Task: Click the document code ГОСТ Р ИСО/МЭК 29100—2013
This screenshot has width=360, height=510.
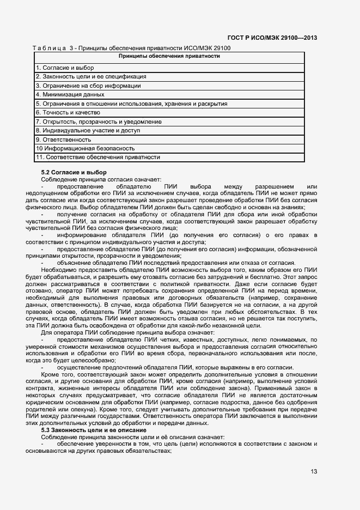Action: pyautogui.click(x=272, y=38)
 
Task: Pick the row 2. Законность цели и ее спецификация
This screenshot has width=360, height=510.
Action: pyautogui.click(x=90, y=77)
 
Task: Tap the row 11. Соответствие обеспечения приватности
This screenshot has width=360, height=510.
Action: pyautogui.click(x=98, y=157)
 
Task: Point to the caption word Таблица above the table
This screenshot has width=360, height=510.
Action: pyautogui.click(x=50, y=48)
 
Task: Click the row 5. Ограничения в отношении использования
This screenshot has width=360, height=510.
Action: pyautogui.click(x=131, y=104)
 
